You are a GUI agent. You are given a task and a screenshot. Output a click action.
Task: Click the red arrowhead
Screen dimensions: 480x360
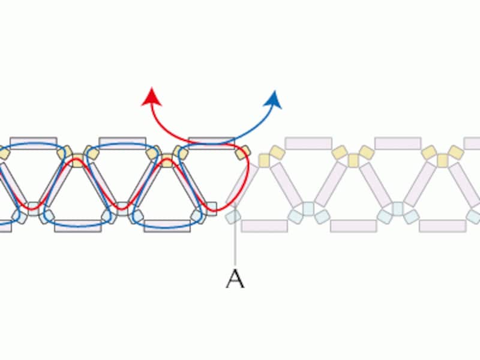point(152,97)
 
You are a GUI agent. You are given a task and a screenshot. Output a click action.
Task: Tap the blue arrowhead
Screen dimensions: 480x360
point(274,100)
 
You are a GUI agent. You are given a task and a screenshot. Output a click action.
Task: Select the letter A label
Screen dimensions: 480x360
point(235,278)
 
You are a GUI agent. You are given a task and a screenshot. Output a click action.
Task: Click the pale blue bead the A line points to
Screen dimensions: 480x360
point(233,217)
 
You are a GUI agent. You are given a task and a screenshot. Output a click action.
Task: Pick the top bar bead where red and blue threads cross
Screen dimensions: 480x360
point(212,143)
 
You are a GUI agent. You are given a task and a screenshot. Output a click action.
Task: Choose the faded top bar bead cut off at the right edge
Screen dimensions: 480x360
point(472,143)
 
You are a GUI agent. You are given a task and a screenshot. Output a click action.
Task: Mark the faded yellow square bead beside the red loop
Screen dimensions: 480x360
point(264,160)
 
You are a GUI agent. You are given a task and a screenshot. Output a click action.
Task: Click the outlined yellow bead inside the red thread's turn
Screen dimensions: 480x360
point(242,152)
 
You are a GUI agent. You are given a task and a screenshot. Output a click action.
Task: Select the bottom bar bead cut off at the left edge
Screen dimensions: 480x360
point(5,226)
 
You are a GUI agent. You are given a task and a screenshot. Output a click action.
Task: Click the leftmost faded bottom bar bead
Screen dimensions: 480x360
point(265,226)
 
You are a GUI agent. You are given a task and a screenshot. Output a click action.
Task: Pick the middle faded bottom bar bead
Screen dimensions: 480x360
point(353,226)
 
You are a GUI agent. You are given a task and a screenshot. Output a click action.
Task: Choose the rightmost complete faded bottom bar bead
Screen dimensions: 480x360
point(443,226)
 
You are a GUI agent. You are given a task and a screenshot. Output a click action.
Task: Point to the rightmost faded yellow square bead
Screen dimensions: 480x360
point(442,160)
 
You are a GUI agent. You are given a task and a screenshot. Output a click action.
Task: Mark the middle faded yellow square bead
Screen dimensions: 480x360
point(353,160)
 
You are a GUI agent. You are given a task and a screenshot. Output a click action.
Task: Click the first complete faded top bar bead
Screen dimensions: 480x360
point(308,143)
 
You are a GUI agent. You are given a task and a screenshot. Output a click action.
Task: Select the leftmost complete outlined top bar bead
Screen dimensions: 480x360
point(34,143)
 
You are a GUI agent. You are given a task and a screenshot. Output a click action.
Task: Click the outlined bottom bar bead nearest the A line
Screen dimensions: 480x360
point(167,226)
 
